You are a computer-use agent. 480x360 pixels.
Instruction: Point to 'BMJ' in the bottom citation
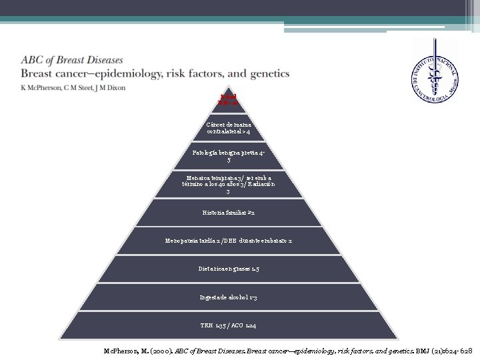[x=409, y=349]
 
